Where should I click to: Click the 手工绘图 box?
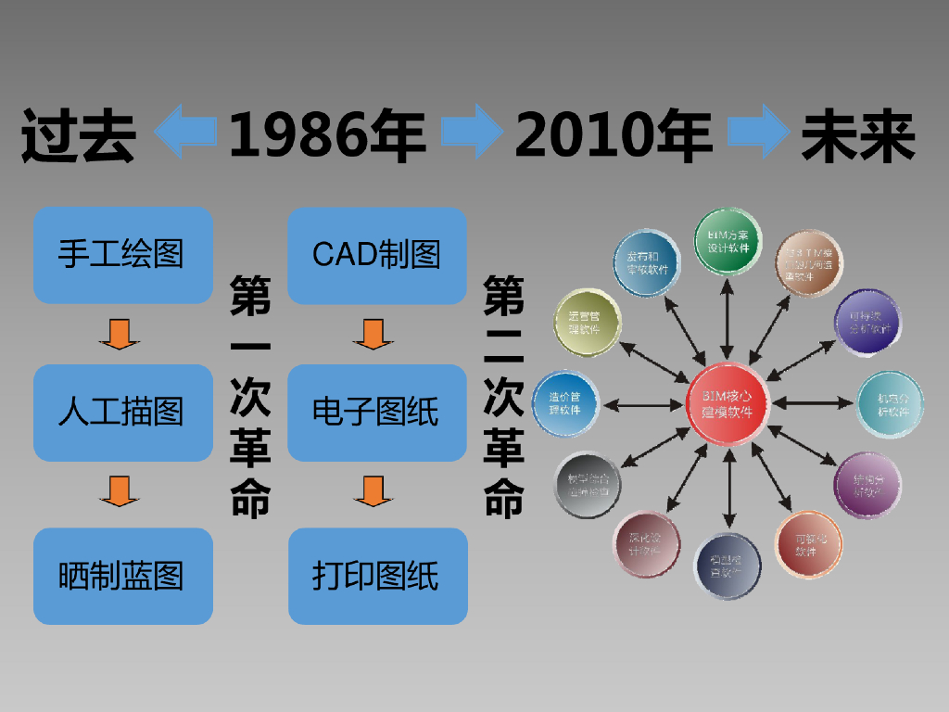coord(123,255)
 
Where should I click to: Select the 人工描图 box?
coord(123,413)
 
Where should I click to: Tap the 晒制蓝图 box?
coord(123,576)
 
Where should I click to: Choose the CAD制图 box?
coord(377,255)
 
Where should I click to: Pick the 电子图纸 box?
coord(377,413)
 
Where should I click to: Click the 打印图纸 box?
coord(377,576)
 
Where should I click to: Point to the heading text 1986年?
coord(327,134)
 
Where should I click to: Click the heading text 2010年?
coord(614,134)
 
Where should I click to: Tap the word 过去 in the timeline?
coord(79,136)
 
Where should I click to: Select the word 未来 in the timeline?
coord(858,136)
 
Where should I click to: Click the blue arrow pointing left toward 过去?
coord(184,132)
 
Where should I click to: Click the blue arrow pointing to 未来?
coord(759,132)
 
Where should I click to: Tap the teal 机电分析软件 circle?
coord(890,404)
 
